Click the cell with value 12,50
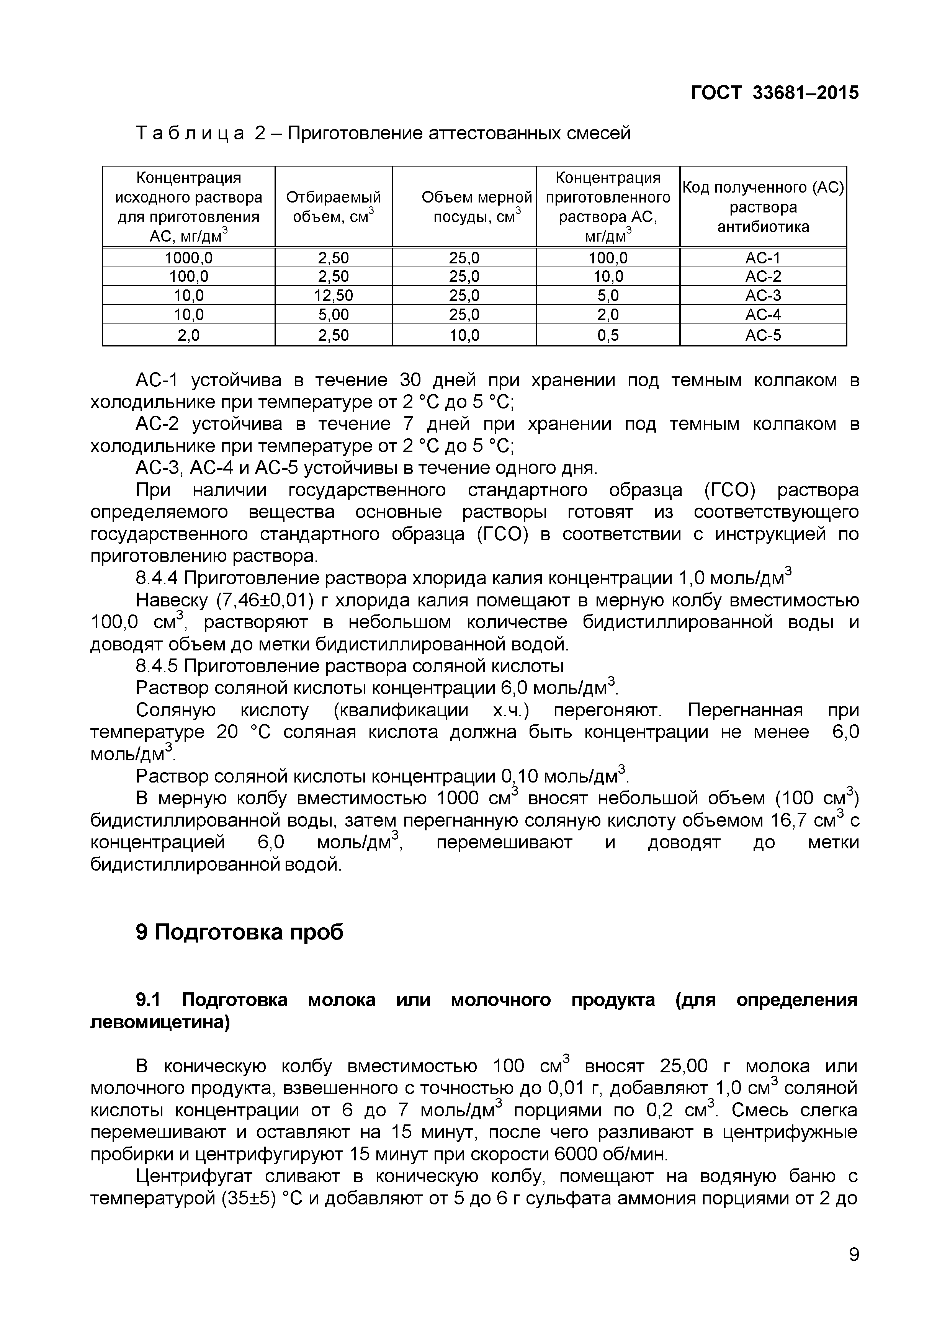click(x=334, y=296)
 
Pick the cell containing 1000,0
click(x=188, y=257)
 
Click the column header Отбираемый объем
click(x=334, y=206)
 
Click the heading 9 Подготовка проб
click(x=240, y=932)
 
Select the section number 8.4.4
click(x=157, y=578)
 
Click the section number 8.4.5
click(x=157, y=666)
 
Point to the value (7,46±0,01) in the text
click(x=266, y=601)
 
